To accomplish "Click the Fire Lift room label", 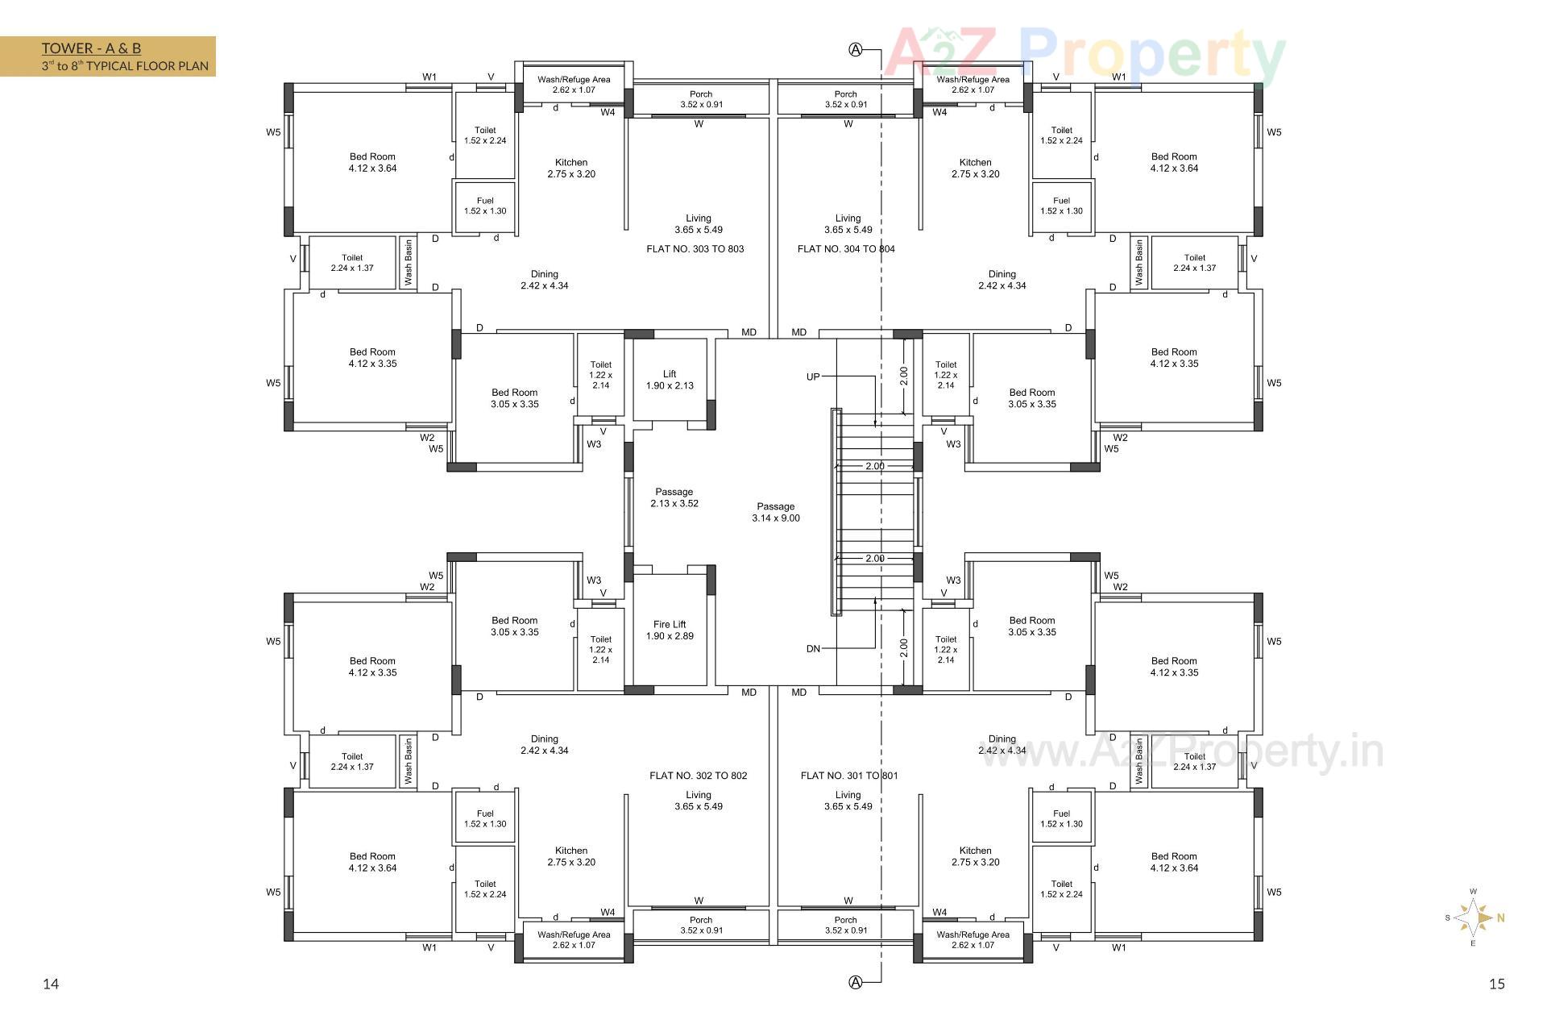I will point(670,630).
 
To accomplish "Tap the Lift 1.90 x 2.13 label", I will point(670,380).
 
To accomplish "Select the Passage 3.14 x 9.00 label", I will point(776,512).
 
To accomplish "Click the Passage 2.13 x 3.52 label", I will point(674,497).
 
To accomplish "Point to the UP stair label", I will point(813,377).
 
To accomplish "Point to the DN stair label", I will point(813,648).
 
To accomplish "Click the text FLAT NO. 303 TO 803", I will point(695,249).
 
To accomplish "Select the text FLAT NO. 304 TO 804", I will point(846,249).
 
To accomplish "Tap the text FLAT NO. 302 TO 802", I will point(699,776).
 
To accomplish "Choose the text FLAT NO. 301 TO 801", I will point(849,776).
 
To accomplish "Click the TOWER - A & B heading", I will point(91,48).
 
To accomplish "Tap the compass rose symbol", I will point(1474,918).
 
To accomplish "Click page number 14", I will point(51,984).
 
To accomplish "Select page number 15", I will point(1497,984).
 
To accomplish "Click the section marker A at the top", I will point(856,50).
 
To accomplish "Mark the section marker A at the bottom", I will point(856,982).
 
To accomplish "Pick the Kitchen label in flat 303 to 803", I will point(571,168).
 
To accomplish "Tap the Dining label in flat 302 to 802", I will point(545,744).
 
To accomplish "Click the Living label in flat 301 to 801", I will point(848,801).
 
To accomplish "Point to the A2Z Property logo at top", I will point(1084,55).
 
